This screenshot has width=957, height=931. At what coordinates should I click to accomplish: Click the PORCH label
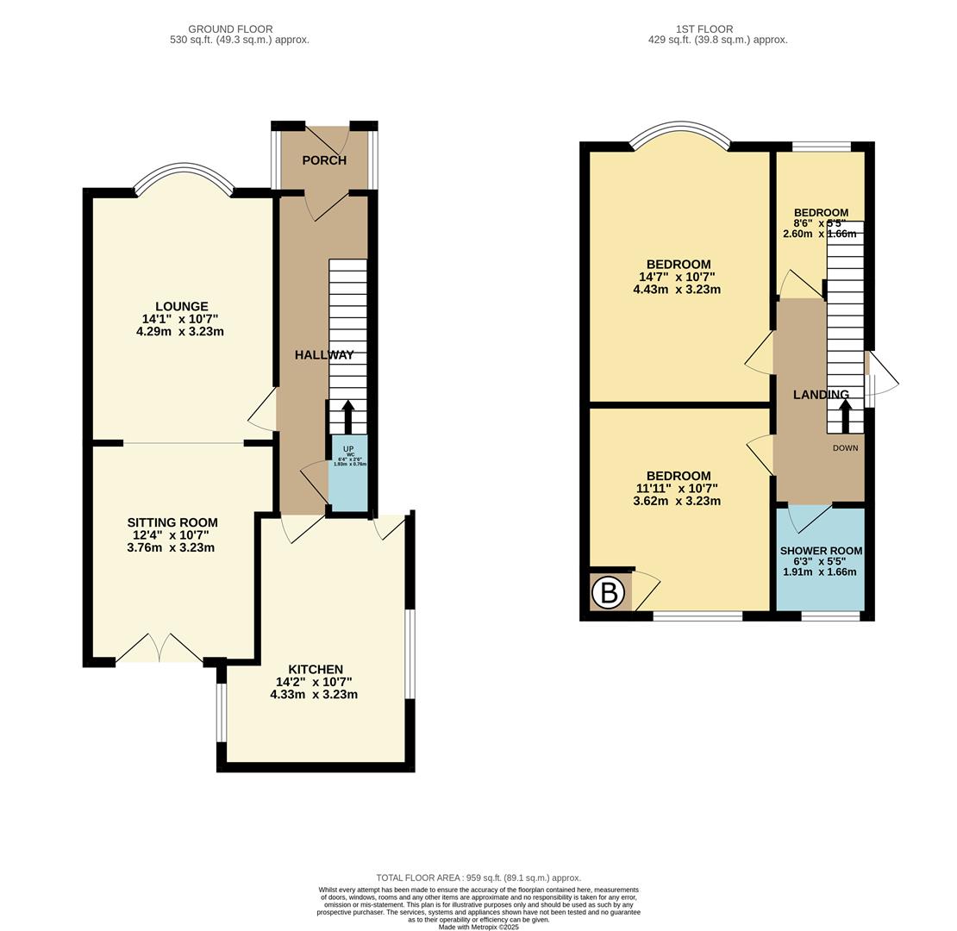(324, 160)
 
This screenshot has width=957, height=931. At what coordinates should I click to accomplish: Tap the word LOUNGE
(181, 306)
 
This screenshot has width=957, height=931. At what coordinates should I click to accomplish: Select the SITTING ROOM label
(172, 522)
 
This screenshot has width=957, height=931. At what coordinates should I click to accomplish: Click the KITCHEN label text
(315, 669)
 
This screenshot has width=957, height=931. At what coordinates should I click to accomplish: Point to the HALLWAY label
(324, 354)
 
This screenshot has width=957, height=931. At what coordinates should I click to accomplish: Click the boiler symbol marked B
(609, 593)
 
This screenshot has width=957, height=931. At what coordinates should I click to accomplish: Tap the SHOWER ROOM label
(820, 550)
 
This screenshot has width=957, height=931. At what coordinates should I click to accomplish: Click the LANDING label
(820, 395)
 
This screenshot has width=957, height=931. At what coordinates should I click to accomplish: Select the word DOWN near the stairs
(845, 448)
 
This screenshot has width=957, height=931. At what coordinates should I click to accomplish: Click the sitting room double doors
(159, 650)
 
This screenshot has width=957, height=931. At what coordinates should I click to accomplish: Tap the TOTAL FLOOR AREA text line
(478, 878)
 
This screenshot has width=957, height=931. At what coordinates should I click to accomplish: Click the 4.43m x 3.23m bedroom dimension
(676, 290)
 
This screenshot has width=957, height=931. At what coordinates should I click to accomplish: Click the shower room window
(830, 615)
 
